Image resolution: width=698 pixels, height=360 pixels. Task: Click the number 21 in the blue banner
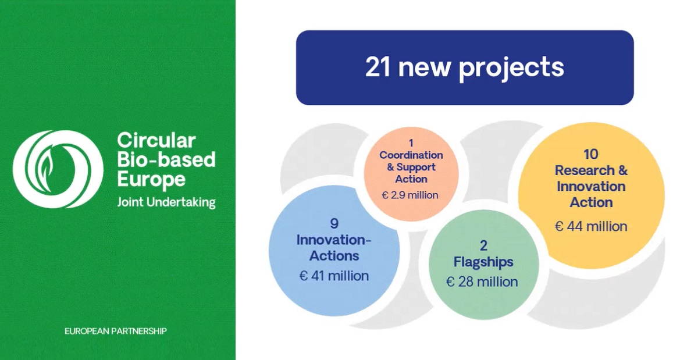tap(378, 67)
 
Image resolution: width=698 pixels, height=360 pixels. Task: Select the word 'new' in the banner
tap(425, 69)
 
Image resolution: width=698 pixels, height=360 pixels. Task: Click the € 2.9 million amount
tap(410, 195)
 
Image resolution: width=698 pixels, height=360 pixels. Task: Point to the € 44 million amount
tap(591, 226)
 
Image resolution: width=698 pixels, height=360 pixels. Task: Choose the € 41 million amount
tap(334, 276)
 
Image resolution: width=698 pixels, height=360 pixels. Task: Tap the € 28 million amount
tap(482, 281)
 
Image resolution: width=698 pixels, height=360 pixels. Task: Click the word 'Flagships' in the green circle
tap(483, 262)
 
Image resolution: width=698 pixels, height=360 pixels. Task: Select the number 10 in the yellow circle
tap(591, 154)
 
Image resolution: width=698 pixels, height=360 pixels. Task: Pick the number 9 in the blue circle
tap(334, 223)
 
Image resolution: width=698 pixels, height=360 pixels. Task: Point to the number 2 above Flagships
tap(483, 245)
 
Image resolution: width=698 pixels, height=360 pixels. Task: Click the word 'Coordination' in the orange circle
tap(411, 155)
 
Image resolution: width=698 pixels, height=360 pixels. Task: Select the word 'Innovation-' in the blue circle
tap(334, 240)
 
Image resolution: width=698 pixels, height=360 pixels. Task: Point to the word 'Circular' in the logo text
tap(156, 140)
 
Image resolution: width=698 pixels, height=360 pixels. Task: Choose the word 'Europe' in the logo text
tap(151, 180)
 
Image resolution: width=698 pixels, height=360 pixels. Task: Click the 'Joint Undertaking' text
tap(166, 202)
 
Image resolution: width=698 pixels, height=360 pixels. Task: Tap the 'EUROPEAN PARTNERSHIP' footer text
tap(116, 331)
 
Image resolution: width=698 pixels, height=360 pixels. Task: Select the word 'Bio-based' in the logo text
tap(166, 159)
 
